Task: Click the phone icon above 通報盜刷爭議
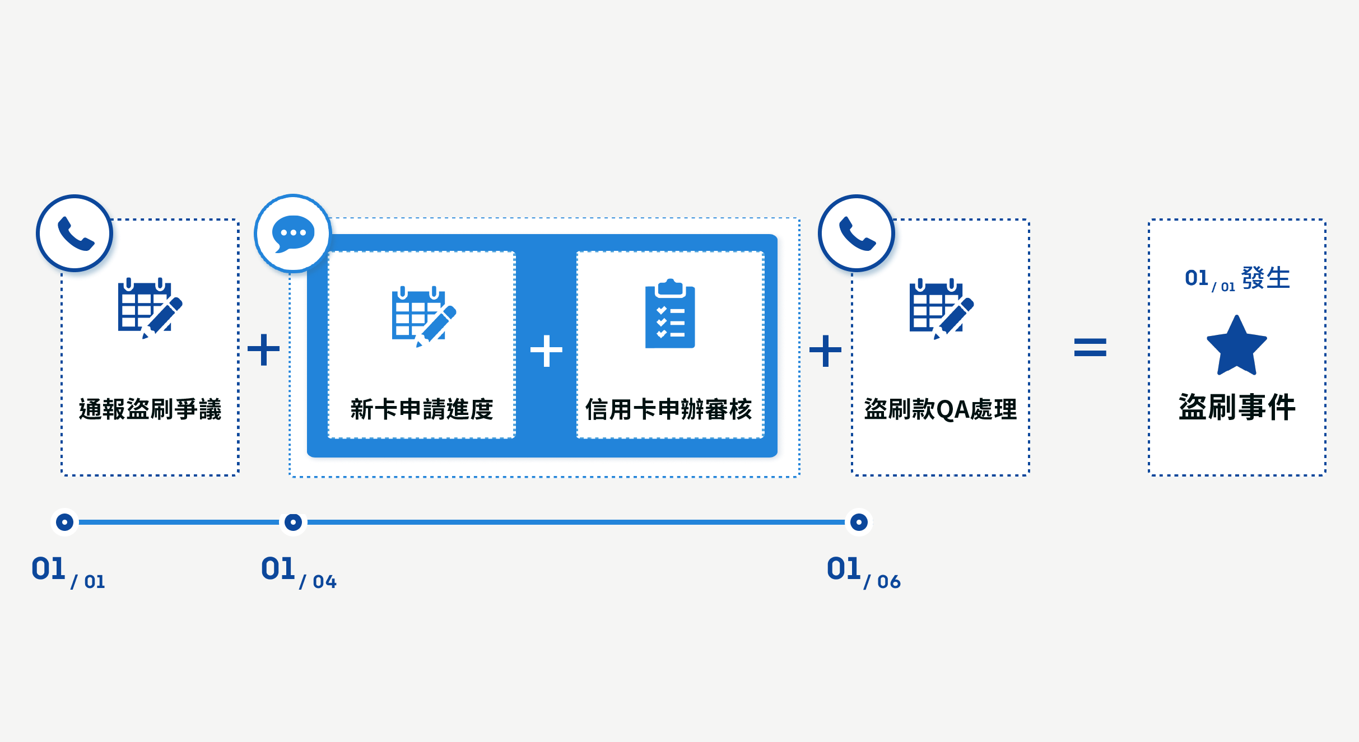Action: pyautogui.click(x=75, y=233)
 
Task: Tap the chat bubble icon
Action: pyautogui.click(x=293, y=233)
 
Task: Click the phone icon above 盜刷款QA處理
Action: pyautogui.click(x=857, y=233)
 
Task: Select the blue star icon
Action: pyautogui.click(x=1236, y=346)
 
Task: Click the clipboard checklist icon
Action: pyautogui.click(x=670, y=314)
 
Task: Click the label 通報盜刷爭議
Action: pyautogui.click(x=150, y=409)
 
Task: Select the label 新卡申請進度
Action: pyautogui.click(x=422, y=409)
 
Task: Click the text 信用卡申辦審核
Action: pyautogui.click(x=669, y=409)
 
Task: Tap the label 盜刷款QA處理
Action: pyautogui.click(x=941, y=409)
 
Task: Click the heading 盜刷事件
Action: pyautogui.click(x=1237, y=407)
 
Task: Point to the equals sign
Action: pyautogui.click(x=1090, y=347)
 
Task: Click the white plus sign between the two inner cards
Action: pyautogui.click(x=546, y=351)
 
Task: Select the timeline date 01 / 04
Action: pyautogui.click(x=299, y=572)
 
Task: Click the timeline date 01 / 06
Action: pyautogui.click(x=863, y=572)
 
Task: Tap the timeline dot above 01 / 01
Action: pyautogui.click(x=65, y=522)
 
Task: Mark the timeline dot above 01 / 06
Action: pyautogui.click(x=859, y=522)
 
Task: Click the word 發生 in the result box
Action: pyautogui.click(x=1265, y=278)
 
